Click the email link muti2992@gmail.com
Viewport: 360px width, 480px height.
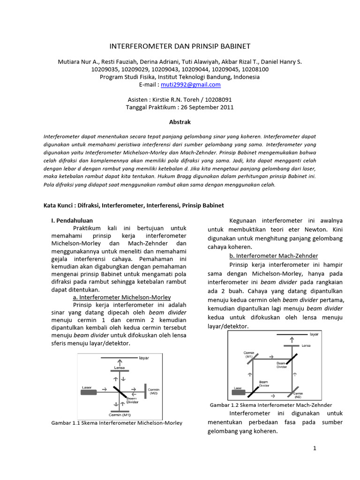pyautogui.click(x=190, y=85)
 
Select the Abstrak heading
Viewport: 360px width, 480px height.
pyautogui.click(x=180, y=121)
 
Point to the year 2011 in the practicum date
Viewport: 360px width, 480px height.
pyautogui.click(x=225, y=107)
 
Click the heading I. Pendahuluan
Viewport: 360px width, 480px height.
pyautogui.click(x=72, y=220)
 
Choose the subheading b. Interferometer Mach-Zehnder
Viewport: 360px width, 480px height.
pyautogui.click(x=273, y=256)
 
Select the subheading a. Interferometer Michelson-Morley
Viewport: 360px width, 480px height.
pyautogui.click(x=122, y=298)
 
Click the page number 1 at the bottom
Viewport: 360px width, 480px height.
pyautogui.click(x=315, y=449)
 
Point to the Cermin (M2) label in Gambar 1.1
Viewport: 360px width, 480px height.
pyautogui.click(x=154, y=391)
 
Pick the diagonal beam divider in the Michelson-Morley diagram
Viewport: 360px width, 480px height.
pyautogui.click(x=120, y=390)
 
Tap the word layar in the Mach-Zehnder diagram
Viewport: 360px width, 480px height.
pyautogui.click(x=314, y=335)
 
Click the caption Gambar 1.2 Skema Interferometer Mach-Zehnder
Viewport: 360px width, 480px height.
pyautogui.click(x=271, y=405)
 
